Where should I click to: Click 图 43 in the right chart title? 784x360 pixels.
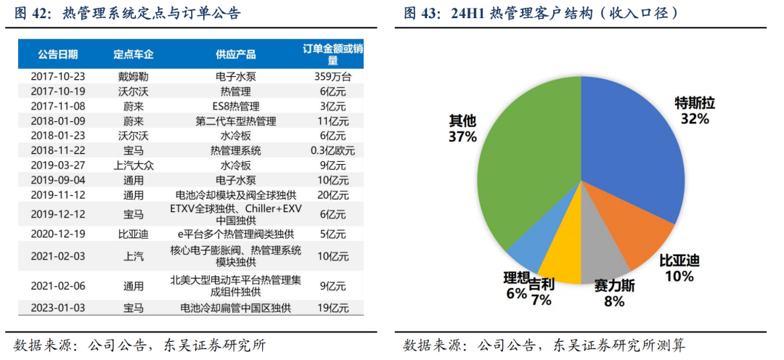(x=418, y=13)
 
